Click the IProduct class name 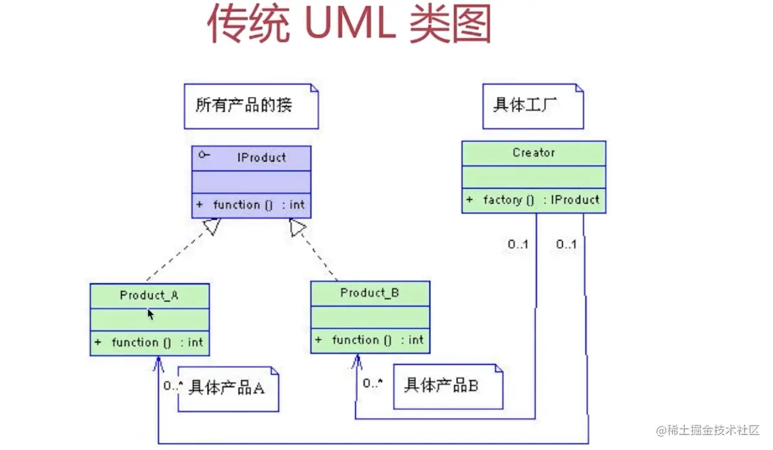point(261,158)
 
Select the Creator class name point(534,153)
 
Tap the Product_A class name point(149,295)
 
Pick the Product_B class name point(369,293)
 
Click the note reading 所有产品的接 point(252,107)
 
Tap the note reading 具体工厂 point(533,107)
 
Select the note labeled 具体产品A point(228,389)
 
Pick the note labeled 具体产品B point(448,387)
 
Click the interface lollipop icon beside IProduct point(204,155)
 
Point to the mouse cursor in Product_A point(151,314)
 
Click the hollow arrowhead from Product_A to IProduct point(212,227)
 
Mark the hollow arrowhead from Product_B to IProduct point(298,227)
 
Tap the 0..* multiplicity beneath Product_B point(373,383)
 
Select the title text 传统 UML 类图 point(349,24)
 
